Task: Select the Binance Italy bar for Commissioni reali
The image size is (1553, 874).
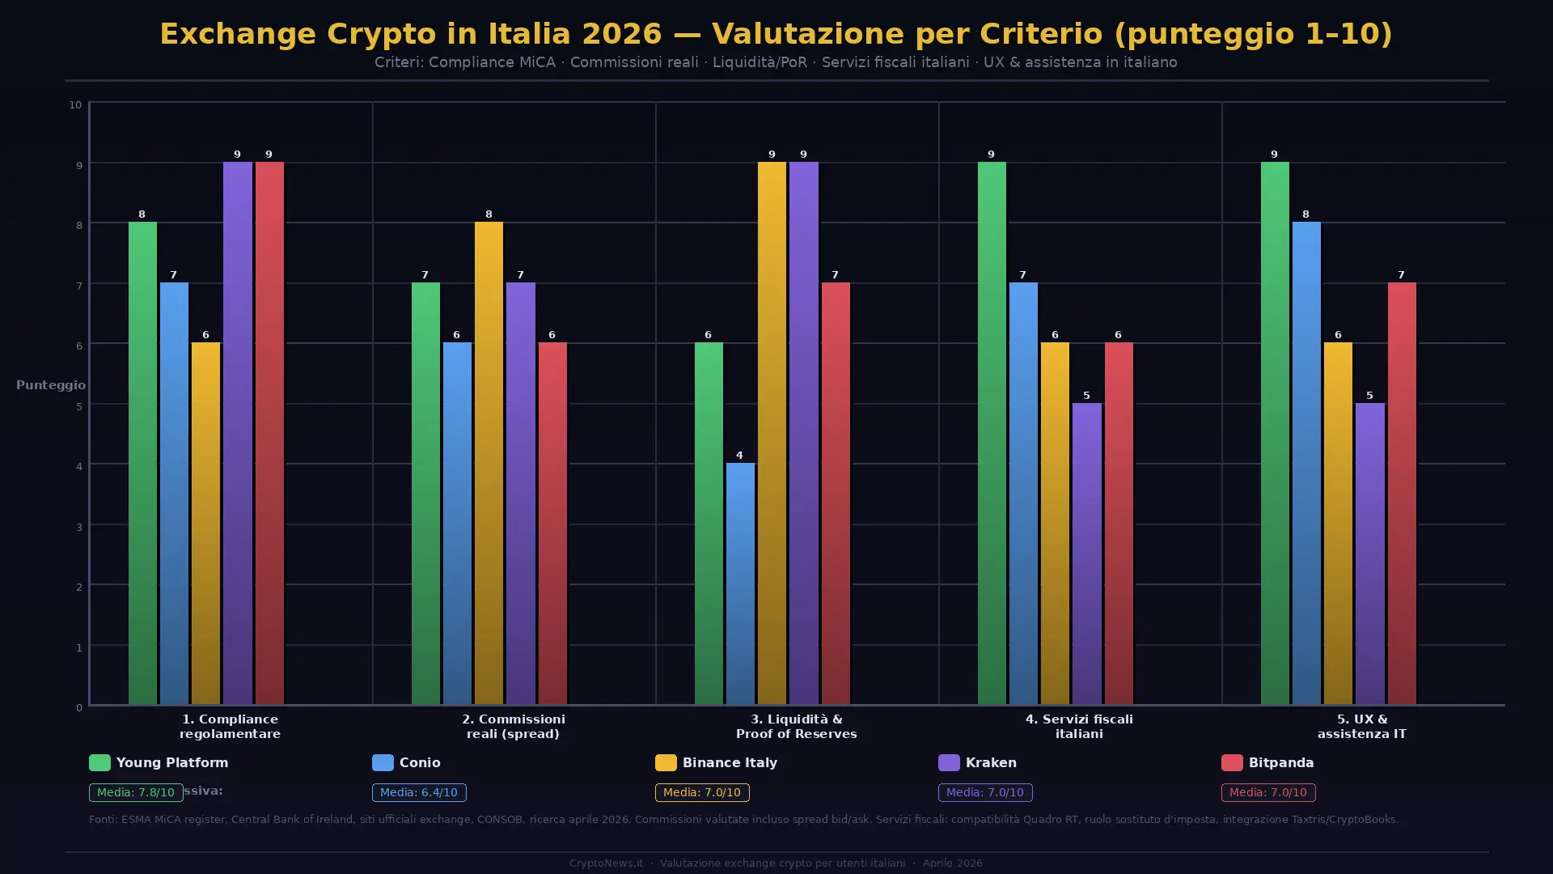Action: coord(489,463)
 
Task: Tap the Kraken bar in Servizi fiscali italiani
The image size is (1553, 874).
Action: coord(1086,554)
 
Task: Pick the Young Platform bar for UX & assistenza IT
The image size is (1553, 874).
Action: coord(1275,433)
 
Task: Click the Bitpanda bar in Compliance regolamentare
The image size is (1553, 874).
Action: coord(269,433)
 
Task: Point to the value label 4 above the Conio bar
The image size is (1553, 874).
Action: coord(739,456)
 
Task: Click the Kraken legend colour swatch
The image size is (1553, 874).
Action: coord(949,762)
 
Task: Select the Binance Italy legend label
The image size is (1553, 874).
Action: coord(730,762)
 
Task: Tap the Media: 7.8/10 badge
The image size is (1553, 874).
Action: coord(135,792)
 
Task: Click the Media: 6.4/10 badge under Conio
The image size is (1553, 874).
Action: coord(419,792)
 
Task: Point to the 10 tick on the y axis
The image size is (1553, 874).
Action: coord(75,104)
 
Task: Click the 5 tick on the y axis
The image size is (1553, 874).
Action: coord(79,406)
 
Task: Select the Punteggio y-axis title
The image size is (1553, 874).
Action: coord(51,385)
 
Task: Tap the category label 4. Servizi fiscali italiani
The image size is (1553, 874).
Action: coord(1079,726)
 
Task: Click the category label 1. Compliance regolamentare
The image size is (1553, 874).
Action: coord(230,726)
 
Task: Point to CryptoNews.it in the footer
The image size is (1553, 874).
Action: coord(606,863)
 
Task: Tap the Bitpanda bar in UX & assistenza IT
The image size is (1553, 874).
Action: coord(1402,493)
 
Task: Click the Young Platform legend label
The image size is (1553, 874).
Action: coord(172,762)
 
